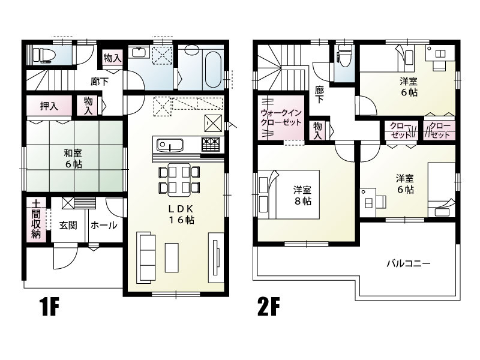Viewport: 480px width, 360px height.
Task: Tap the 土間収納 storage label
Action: tap(36, 220)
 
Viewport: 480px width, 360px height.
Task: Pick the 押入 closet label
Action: tap(49, 107)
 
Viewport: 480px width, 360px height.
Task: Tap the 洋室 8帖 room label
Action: tap(302, 195)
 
